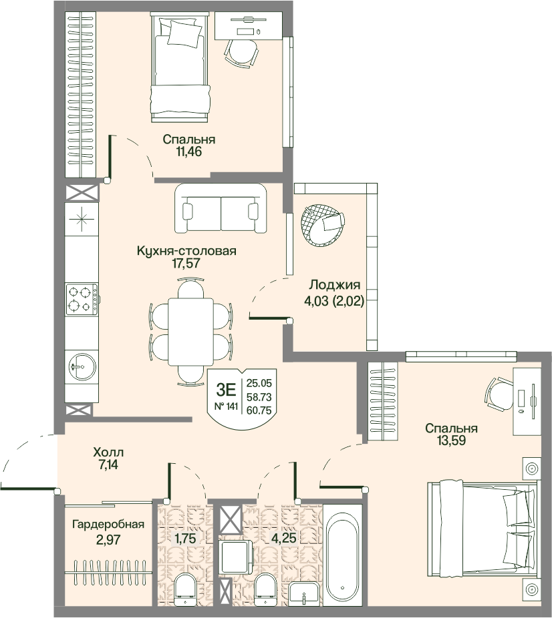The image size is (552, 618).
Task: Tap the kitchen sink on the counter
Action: [82, 366]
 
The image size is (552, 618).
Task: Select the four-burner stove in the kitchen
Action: [82, 299]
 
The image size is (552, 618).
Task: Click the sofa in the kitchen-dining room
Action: [221, 208]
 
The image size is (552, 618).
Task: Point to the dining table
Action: [191, 332]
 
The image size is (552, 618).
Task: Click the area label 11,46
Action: [188, 151]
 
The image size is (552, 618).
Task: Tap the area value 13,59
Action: [451, 440]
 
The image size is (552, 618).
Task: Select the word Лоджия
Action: [335, 285]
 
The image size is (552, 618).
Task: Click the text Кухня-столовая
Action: [186, 251]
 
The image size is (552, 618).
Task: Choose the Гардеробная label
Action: [108, 525]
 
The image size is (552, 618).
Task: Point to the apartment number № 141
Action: [226, 406]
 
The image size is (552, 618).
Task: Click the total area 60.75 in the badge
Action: [259, 410]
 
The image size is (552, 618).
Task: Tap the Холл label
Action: [108, 452]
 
